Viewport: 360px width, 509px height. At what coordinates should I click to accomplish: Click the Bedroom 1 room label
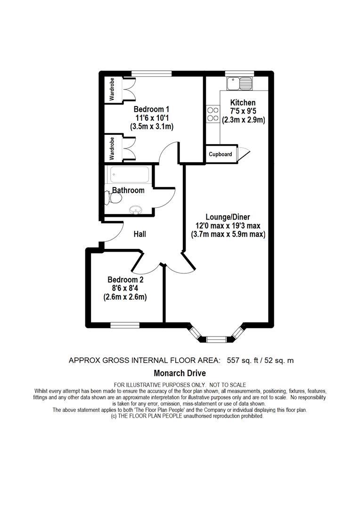tap(152, 109)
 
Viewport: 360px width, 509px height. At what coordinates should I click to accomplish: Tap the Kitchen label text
tap(243, 103)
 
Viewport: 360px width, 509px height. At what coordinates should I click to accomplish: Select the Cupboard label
tap(220, 154)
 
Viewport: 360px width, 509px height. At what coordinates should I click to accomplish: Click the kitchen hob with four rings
tap(213, 114)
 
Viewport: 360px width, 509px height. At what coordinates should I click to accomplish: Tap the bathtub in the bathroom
tap(130, 175)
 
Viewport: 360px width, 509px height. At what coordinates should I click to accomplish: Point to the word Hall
tap(140, 234)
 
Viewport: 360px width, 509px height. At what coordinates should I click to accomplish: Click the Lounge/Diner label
tap(228, 217)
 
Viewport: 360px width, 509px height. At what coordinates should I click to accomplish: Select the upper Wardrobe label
tap(112, 90)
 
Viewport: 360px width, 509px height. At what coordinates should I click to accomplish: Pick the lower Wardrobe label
tap(112, 148)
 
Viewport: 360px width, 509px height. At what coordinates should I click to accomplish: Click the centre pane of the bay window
tap(216, 338)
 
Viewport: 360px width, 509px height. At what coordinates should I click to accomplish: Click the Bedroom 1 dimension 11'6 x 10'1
tap(152, 118)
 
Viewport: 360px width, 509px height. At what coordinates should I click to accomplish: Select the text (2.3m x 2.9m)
tap(243, 120)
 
